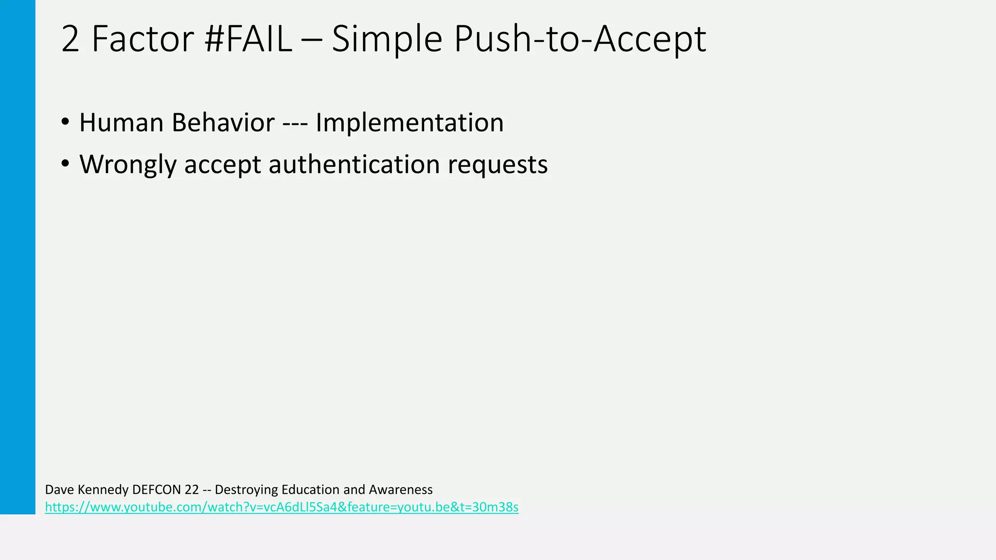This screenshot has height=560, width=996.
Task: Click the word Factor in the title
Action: [x=142, y=39]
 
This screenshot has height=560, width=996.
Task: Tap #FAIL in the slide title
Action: [x=248, y=39]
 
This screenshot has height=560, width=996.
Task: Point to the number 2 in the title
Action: [x=71, y=39]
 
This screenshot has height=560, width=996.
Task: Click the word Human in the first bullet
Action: [x=121, y=122]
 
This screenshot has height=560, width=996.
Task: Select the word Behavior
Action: [x=223, y=122]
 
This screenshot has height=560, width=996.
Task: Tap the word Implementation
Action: [x=409, y=122]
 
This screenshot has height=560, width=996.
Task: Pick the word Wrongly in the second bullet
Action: [x=127, y=164]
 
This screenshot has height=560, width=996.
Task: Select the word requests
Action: [x=498, y=164]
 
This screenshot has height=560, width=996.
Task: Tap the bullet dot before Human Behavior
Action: [x=65, y=122]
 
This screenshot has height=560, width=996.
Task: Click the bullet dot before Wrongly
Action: [x=65, y=164]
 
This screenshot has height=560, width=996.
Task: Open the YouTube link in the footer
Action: [x=282, y=507]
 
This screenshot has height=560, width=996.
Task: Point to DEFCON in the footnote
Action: [x=157, y=490]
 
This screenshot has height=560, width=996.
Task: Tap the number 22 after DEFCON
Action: [x=192, y=490]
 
